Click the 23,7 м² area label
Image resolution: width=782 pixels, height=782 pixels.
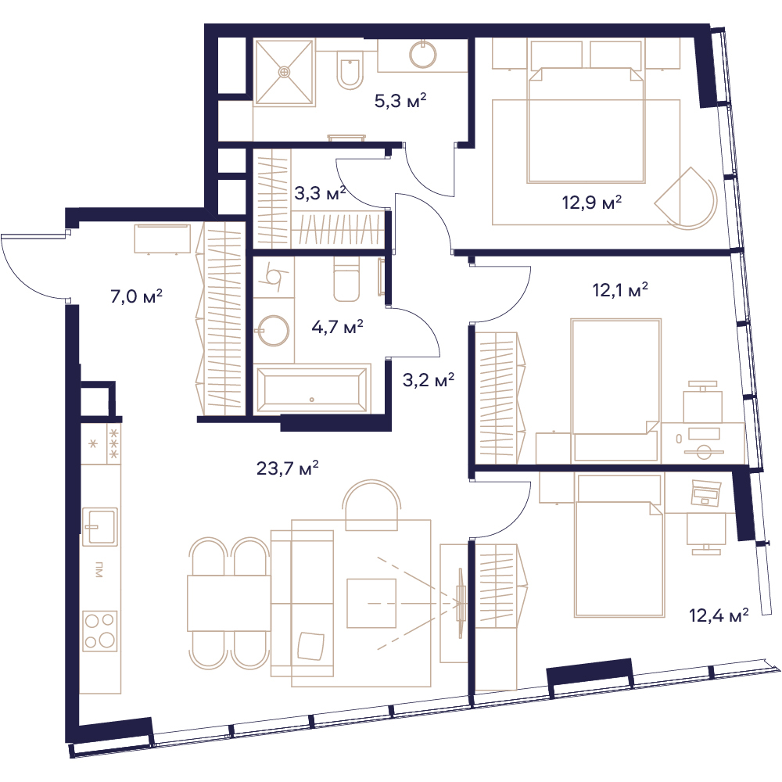[x=287, y=468]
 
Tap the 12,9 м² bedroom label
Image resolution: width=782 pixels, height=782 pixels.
[x=592, y=203]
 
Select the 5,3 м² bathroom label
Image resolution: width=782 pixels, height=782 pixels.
[x=400, y=101]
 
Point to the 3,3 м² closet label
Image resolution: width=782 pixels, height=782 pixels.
[x=320, y=193]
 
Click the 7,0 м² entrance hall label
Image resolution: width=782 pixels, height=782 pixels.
[x=136, y=296]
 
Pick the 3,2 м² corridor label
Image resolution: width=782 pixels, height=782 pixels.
[x=429, y=380]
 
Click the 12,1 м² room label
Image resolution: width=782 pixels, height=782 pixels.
[x=620, y=290]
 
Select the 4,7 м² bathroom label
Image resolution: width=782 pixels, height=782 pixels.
[x=337, y=327]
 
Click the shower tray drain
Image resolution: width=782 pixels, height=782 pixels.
[x=285, y=72]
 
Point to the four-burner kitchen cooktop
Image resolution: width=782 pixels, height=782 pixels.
[x=100, y=631]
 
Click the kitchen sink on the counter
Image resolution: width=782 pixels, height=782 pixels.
[x=100, y=526]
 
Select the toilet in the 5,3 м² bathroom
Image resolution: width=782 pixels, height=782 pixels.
[x=350, y=70]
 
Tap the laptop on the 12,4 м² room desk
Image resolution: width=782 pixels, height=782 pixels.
[x=705, y=493]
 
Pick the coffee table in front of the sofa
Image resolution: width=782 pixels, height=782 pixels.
[x=371, y=603]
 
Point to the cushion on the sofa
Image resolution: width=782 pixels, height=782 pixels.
[x=310, y=646]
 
